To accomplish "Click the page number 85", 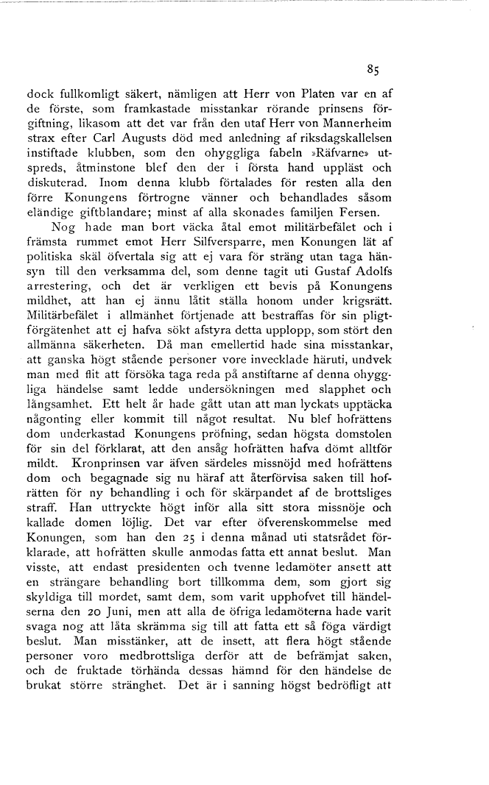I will point(372,71).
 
